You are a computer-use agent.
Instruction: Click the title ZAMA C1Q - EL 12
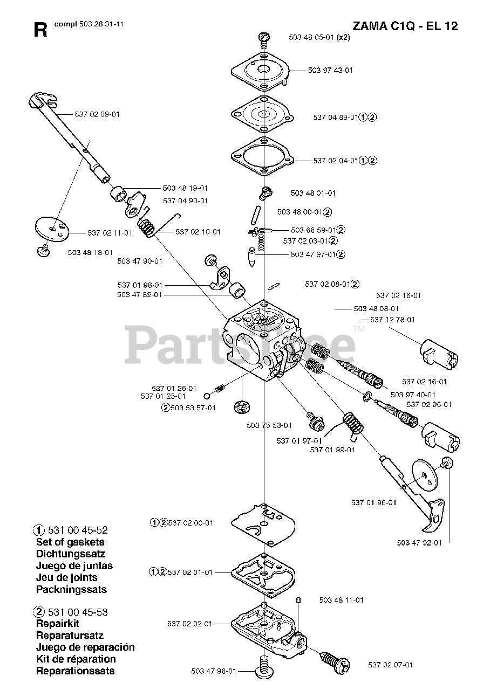(405, 26)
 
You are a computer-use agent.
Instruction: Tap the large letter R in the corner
(40, 30)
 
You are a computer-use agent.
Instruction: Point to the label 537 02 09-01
(97, 114)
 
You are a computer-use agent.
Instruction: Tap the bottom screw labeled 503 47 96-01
(264, 668)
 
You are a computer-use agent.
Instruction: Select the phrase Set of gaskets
(70, 542)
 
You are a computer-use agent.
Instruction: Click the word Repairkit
(58, 624)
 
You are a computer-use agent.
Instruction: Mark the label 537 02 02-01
(189, 624)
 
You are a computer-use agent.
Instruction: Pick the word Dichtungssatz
(71, 554)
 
